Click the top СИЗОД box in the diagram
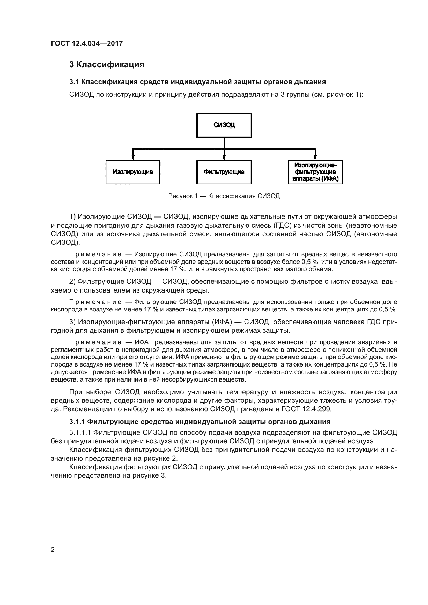pos(224,125)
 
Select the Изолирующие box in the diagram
pos(133,172)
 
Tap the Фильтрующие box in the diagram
pos(224,172)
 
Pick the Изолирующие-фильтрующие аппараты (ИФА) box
pos(315,172)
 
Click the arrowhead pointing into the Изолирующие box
pos(133,158)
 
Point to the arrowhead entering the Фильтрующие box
pos(224,158)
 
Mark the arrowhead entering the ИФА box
pos(315,158)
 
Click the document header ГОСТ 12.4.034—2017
pos(87,43)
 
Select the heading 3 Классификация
pos(106,65)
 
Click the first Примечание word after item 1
pos(95,254)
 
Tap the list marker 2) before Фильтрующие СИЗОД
pos(72,282)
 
